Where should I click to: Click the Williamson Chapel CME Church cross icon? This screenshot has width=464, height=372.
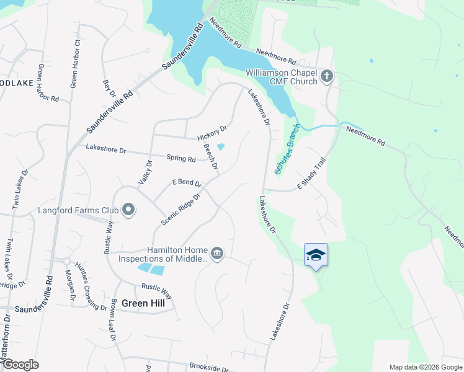click(x=327, y=77)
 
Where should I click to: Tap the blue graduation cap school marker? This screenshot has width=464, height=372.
click(x=316, y=255)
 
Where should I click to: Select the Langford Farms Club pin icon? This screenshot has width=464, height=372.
click(x=128, y=210)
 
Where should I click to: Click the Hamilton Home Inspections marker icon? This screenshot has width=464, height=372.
click(x=217, y=252)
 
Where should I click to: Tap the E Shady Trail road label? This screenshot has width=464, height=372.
click(x=311, y=173)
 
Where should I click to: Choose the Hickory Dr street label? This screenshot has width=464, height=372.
click(x=212, y=133)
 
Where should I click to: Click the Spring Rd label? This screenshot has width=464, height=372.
click(x=181, y=158)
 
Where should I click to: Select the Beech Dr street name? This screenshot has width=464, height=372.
click(x=210, y=157)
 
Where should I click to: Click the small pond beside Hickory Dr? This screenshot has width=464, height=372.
click(x=220, y=147)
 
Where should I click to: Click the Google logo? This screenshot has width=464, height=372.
click(x=20, y=364)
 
